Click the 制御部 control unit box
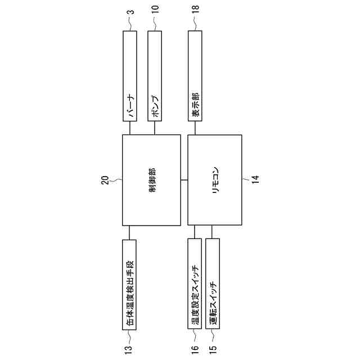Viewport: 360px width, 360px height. pyautogui.click(x=151, y=180)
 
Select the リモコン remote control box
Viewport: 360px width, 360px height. pyautogui.click(x=215, y=180)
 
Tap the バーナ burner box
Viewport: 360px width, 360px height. pyautogui.click(x=130, y=76)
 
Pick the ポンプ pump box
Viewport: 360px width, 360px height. pyautogui.click(x=155, y=76)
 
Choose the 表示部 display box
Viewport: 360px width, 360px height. pyautogui.click(x=195, y=76)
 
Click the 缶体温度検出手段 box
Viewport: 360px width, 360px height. pyautogui.click(x=129, y=285)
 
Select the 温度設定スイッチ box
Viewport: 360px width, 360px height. pyautogui.click(x=195, y=283)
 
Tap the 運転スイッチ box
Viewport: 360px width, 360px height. pyautogui.click(x=213, y=283)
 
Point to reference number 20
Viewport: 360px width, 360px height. pyautogui.click(x=105, y=180)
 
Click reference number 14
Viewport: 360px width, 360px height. pyautogui.click(x=255, y=179)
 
